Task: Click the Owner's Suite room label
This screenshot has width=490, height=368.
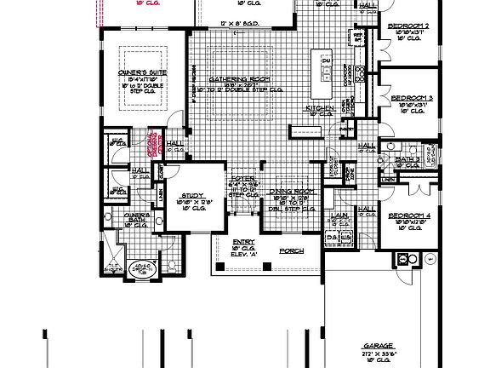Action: (x=143, y=74)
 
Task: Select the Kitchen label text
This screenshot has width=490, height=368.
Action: (x=319, y=109)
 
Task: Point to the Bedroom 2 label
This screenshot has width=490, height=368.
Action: (x=407, y=26)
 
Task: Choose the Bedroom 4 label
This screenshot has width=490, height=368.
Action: (x=407, y=216)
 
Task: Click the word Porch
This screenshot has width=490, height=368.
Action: (x=291, y=250)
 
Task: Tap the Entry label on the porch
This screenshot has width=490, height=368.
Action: (x=243, y=242)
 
